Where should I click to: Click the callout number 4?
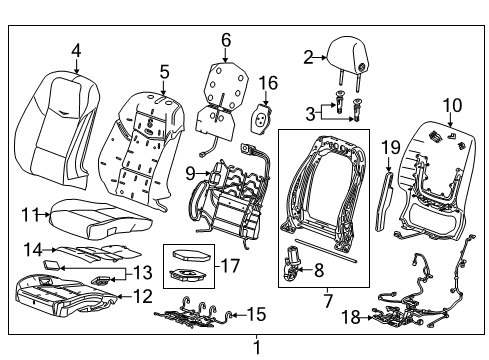tap(77, 50)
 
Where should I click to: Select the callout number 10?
tap(452, 104)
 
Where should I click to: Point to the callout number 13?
tap(143, 273)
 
